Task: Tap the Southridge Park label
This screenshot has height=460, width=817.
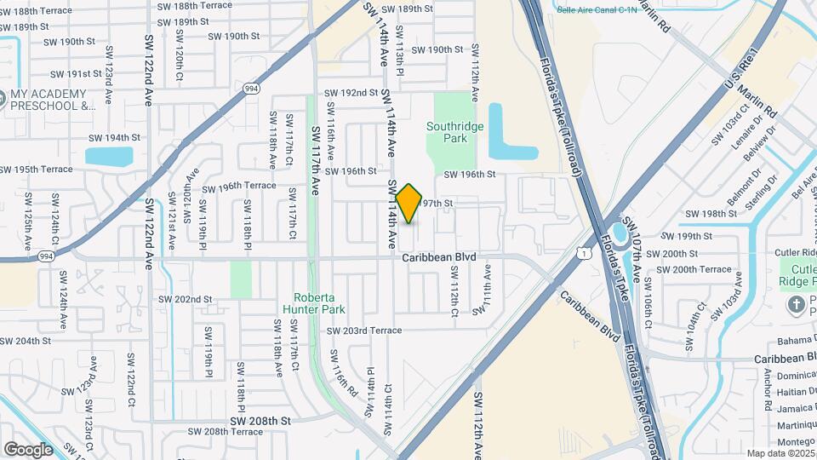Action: [x=454, y=132]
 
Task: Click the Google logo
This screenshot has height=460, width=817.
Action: [x=28, y=449]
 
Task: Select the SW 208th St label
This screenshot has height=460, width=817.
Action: [x=260, y=421]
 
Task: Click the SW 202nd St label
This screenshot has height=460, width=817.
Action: [x=185, y=299]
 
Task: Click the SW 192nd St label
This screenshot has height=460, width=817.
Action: [x=351, y=93]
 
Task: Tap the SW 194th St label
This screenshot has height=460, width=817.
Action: [x=114, y=137]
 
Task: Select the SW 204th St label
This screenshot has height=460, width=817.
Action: [x=26, y=341]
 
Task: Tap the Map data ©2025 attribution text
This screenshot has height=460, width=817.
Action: [x=780, y=453]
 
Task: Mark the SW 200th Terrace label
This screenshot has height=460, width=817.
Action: [x=700, y=269]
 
